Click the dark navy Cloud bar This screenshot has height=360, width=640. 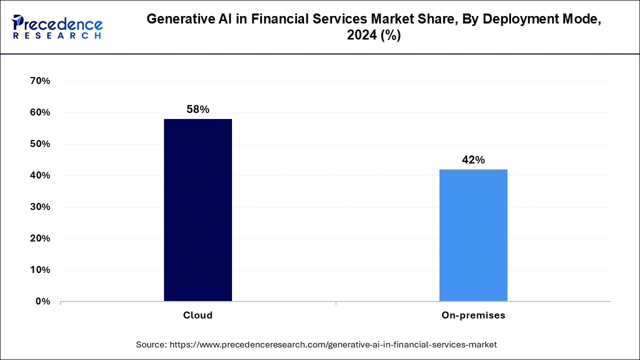coord(198,210)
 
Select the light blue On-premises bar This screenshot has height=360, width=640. coord(473,235)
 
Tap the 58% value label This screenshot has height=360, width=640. coord(198,109)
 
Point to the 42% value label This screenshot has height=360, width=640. coord(473,160)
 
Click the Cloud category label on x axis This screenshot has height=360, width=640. coord(198,315)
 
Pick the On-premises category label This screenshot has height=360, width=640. coord(473,315)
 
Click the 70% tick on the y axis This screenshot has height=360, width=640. coord(40,81)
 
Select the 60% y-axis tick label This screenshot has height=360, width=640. coord(40,112)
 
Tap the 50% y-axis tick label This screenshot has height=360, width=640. coord(40,144)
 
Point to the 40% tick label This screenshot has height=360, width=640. coord(40,175)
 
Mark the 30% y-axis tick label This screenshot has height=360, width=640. coord(40,207)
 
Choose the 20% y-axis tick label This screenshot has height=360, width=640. coord(40,238)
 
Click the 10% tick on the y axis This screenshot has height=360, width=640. coord(40,270)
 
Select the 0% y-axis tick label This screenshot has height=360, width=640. coord(42,301)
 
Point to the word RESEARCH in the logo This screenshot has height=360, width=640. coord(57,35)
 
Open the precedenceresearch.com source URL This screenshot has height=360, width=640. coord(333,344)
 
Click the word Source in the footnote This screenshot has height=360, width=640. coord(151,344)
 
